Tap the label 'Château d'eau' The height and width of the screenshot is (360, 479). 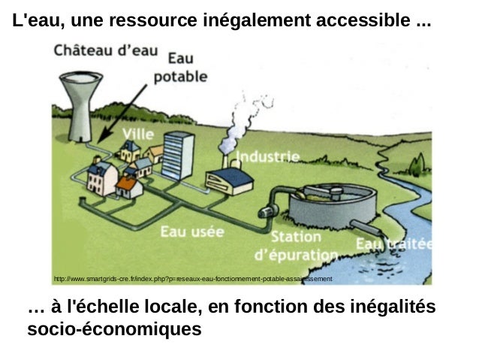(x=105, y=51)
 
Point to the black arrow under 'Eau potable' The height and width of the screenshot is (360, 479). (x=125, y=112)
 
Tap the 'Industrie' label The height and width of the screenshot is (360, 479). (x=268, y=156)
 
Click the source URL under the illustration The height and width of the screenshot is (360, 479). (x=192, y=279)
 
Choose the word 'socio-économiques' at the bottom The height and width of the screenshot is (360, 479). (x=114, y=329)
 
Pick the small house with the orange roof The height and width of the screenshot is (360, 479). (x=128, y=186)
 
